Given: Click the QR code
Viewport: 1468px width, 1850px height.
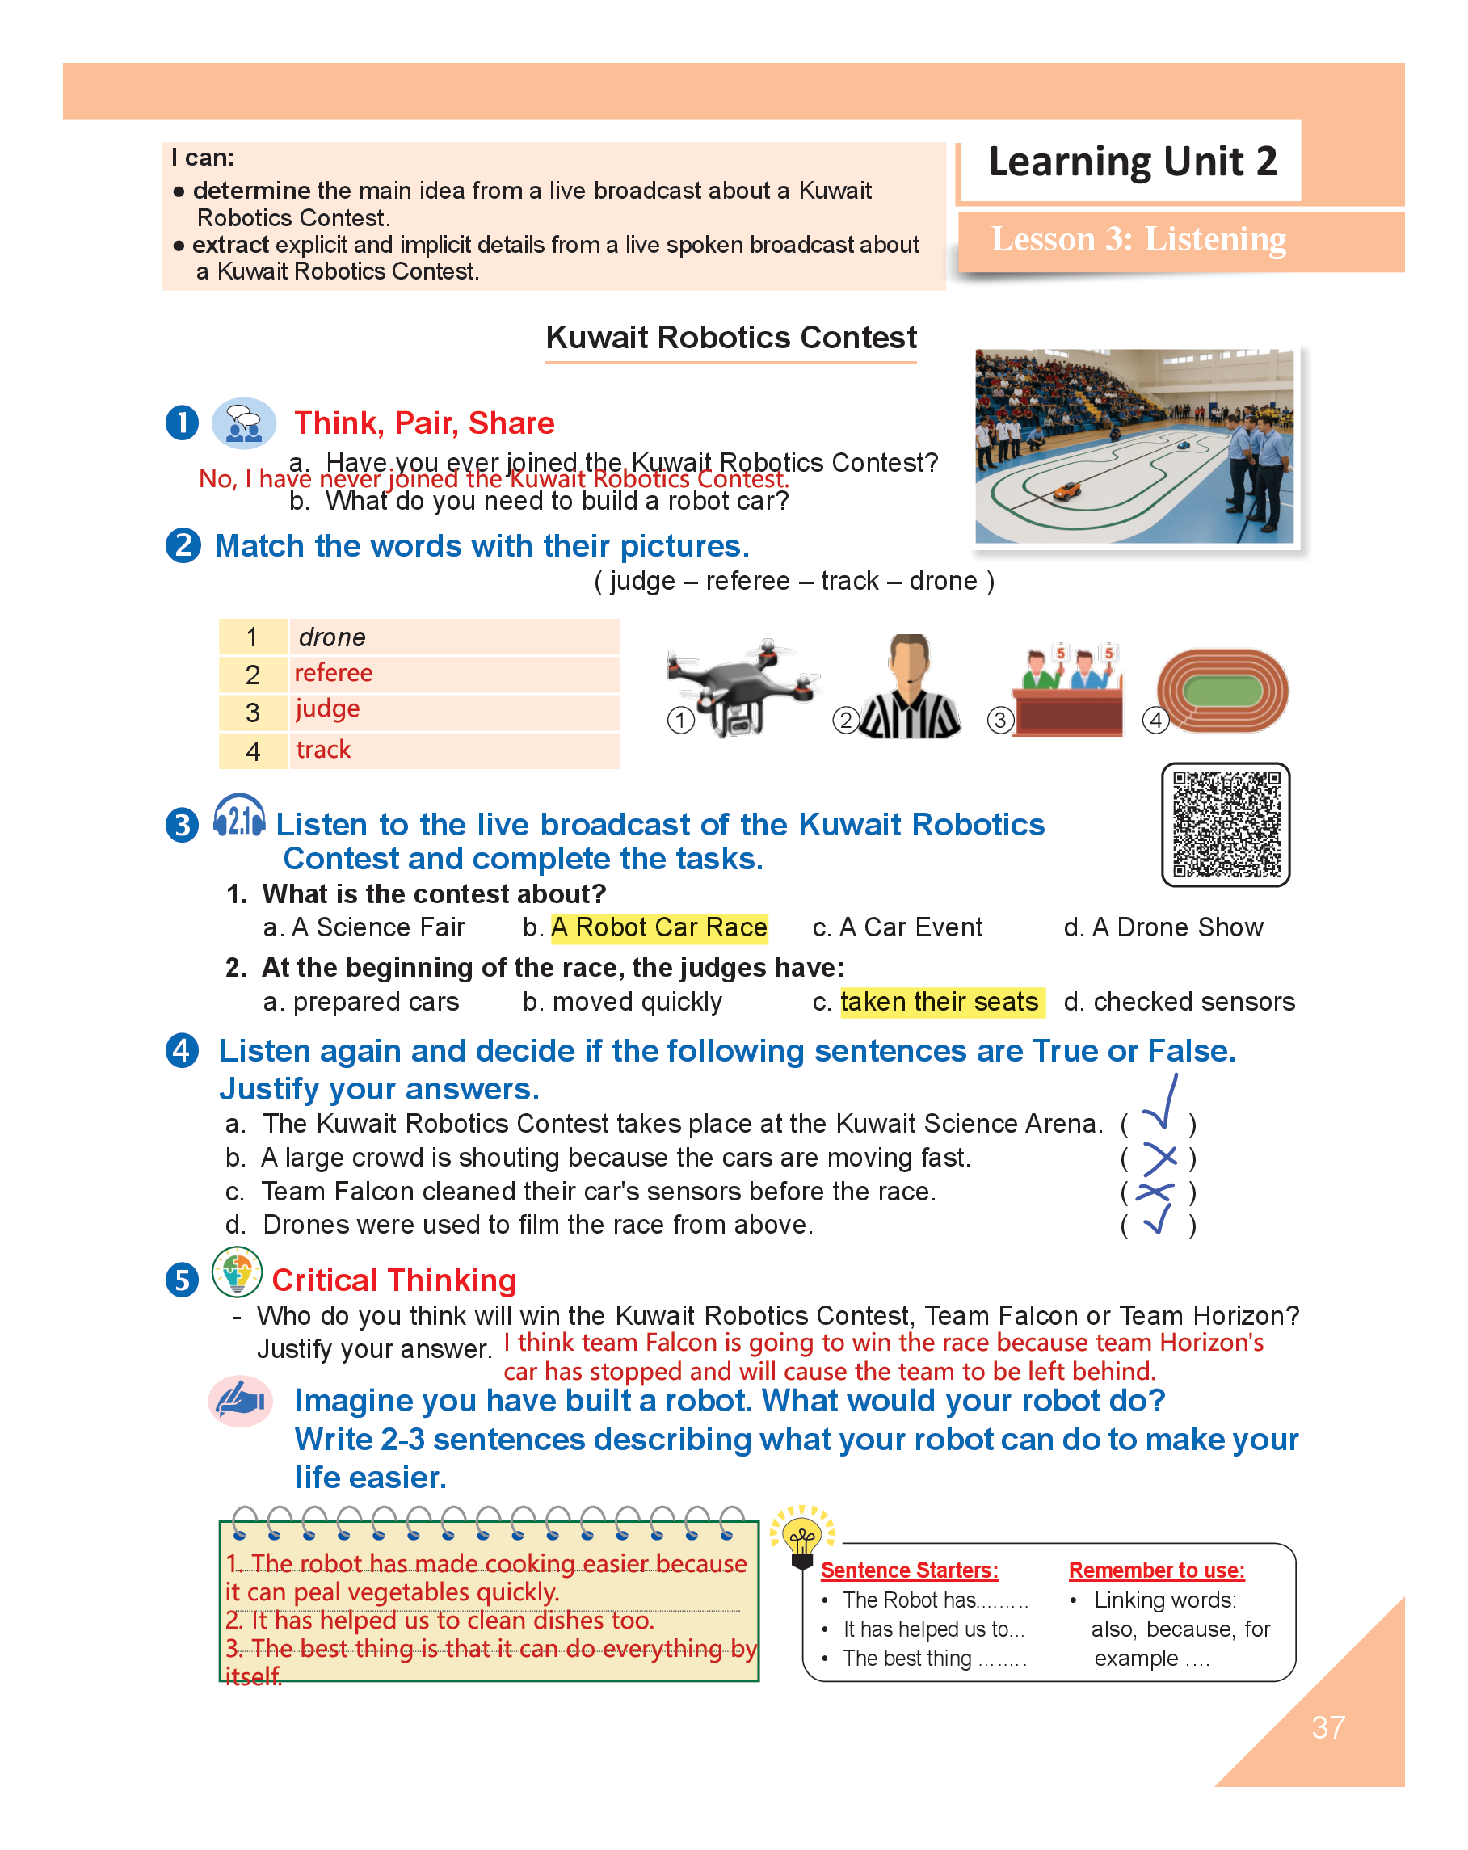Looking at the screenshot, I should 1224,824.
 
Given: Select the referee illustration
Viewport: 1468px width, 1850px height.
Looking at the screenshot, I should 909,687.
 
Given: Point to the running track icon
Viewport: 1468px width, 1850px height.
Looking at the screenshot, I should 1222,690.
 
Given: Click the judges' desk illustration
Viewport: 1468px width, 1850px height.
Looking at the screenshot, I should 1067,692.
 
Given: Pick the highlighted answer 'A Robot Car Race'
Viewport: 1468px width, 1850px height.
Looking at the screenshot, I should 658,927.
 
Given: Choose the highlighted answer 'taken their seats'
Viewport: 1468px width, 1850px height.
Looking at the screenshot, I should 940,1002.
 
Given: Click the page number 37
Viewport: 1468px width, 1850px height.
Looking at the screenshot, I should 1327,1727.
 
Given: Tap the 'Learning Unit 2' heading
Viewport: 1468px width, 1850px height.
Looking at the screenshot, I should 1132,162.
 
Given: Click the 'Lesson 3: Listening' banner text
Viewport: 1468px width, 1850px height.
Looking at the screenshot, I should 1138,239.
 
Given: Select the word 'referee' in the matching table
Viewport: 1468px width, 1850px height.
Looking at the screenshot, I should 333,673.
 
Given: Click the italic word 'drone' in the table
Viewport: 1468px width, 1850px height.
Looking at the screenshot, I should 332,637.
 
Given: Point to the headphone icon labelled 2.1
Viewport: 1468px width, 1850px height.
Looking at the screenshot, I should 239,816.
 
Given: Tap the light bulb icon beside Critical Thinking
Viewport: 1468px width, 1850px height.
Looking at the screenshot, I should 237,1272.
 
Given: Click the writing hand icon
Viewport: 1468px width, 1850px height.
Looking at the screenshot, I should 241,1400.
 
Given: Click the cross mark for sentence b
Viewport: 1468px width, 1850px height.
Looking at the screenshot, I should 1159,1158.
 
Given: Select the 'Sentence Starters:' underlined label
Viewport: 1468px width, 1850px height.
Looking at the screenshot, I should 909,1570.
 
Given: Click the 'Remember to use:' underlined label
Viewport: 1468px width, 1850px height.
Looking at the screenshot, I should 1155,1570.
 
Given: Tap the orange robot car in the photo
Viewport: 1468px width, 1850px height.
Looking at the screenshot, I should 1067,491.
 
